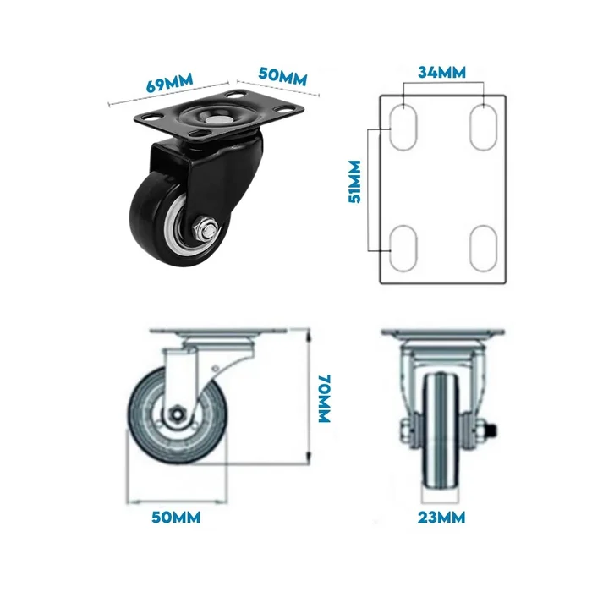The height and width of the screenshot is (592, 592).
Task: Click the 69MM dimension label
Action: click(x=169, y=82)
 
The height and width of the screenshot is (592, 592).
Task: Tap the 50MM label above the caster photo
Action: click(x=282, y=76)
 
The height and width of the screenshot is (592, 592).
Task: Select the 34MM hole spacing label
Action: click(x=441, y=72)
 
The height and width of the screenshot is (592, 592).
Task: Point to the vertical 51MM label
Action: click(x=354, y=182)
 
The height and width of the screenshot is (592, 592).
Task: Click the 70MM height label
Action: click(x=325, y=398)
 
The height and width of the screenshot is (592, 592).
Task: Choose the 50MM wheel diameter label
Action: click(x=176, y=518)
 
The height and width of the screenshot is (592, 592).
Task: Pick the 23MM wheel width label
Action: click(x=441, y=518)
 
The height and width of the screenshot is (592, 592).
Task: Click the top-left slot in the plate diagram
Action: click(x=403, y=127)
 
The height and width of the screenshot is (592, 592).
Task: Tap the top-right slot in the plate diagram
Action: click(x=484, y=127)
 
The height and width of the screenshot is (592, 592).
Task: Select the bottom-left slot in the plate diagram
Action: click(x=403, y=248)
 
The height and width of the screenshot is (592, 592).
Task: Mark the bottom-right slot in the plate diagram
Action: click(x=484, y=248)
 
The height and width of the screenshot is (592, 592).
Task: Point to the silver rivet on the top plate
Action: click(x=215, y=120)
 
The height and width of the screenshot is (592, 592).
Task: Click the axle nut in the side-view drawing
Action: click(x=176, y=414)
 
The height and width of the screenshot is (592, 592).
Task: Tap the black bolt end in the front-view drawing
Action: click(x=492, y=430)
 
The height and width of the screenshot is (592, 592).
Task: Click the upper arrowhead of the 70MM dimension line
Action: click(x=310, y=335)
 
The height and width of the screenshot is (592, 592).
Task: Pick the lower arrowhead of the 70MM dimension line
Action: click(x=310, y=458)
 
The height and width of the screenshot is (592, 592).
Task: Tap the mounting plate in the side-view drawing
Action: click(x=218, y=332)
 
